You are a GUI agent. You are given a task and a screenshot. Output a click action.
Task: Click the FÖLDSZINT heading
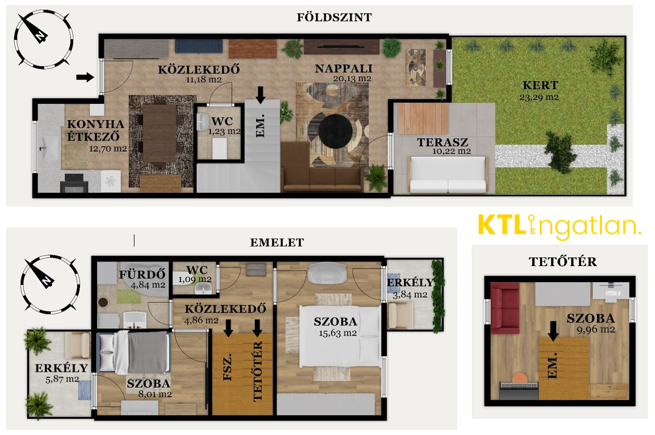coord(334,18)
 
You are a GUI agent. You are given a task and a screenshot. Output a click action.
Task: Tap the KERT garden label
coord(540,85)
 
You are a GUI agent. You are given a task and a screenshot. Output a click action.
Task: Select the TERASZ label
coord(442,142)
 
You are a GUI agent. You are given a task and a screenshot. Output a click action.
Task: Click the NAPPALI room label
coord(343,68)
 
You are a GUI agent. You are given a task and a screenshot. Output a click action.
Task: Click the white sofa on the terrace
coord(448,174)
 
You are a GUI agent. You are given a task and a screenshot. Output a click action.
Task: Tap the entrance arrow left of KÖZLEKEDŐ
coord(85,77)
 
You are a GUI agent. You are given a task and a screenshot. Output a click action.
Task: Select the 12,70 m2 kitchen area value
coord(108,149)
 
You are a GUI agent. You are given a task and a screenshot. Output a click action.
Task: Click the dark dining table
coord(159,133)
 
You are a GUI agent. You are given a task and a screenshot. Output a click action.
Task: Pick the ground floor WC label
coord(222,121)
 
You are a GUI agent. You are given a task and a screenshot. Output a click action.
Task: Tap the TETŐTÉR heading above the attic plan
coord(562,262)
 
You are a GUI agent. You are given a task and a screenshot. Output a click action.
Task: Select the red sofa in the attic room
coord(504,307)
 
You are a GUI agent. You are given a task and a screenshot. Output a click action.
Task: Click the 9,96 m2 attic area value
coord(596,329)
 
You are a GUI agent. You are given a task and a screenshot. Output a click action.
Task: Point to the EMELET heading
coord(277,242)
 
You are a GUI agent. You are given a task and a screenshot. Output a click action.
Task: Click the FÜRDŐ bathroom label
coord(142,274)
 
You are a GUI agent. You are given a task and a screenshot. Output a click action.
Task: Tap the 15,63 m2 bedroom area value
coord(338,333)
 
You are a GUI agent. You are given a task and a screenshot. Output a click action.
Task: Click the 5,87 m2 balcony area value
coord(62,379)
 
